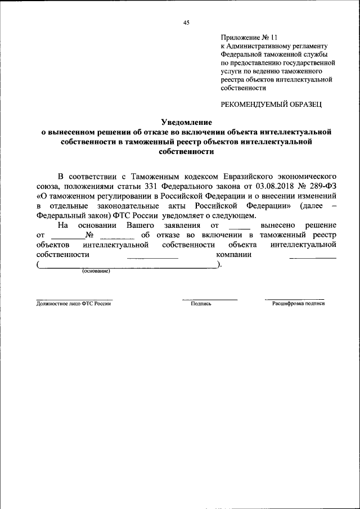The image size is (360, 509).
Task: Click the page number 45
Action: coord(186,22)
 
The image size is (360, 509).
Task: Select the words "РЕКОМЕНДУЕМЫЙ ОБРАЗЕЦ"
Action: coord(272,103)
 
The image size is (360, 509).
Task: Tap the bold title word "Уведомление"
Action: coord(186,121)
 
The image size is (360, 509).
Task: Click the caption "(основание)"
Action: coord(96,271)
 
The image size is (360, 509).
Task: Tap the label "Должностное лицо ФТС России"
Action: coord(74,304)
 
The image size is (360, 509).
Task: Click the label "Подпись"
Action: coord(201,304)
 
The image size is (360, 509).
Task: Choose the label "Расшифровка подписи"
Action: coord(298,304)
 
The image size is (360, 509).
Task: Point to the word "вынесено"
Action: coord(270,224)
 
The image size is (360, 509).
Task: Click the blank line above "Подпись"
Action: coord(209,298)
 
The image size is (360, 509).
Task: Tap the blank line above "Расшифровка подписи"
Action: coord(294,298)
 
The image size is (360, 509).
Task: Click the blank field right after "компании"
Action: coord(312,256)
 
